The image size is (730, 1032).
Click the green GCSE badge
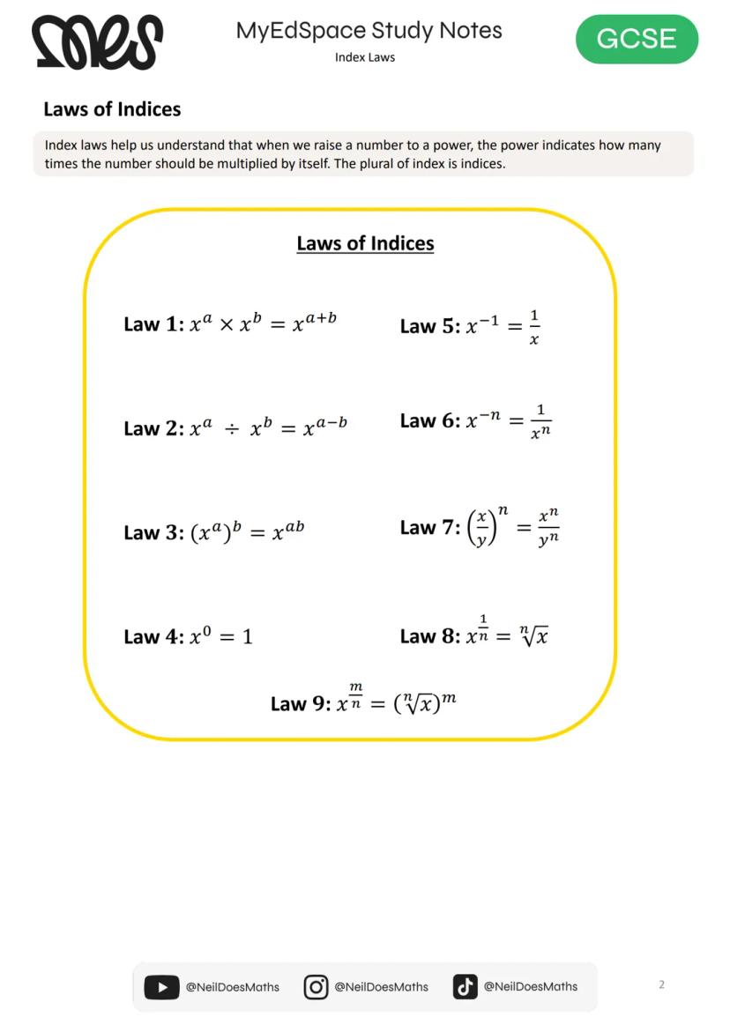pos(637,40)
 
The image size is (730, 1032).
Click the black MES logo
pos(97,41)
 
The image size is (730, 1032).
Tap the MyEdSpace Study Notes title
pos(369,31)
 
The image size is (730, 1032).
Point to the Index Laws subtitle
pos(365,57)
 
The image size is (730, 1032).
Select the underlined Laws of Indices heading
pos(365,243)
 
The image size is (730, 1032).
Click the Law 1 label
pos(153,324)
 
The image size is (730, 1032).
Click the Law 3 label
pos(153,532)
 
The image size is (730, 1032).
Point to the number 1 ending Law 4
pos(248,637)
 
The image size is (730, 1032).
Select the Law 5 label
pos(429,326)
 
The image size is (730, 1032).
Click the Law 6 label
pos(429,421)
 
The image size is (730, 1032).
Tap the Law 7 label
pos(429,528)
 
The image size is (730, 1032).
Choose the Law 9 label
pos(301,704)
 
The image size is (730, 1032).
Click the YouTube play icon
pos(161,987)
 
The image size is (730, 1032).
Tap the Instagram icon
pos(316,987)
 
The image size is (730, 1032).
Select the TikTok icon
pos(465,987)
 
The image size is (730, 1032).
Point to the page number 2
pos(661,984)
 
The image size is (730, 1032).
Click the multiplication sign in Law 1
pos(227,325)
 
